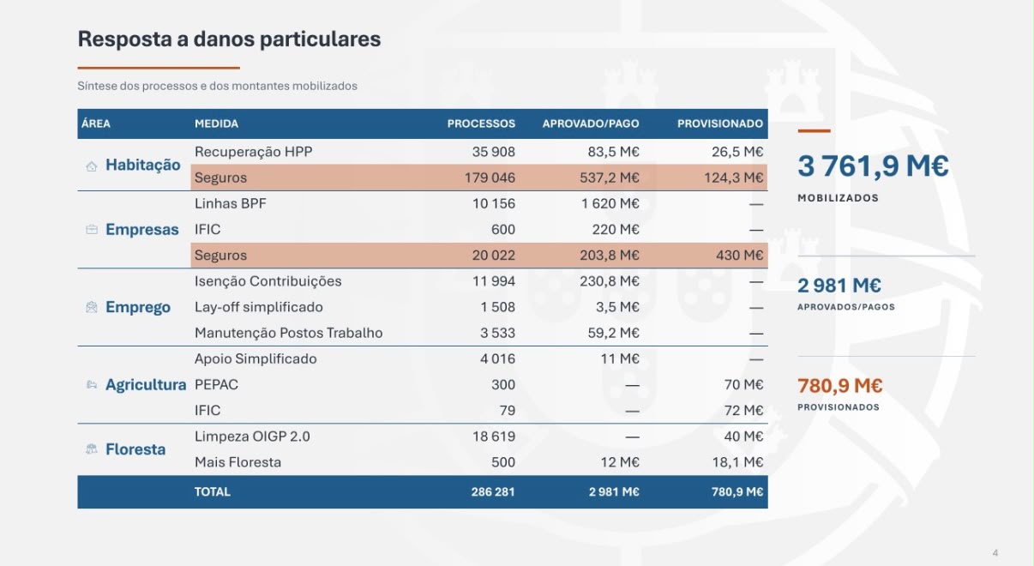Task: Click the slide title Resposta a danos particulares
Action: coord(229,39)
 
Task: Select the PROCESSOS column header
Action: coord(481,123)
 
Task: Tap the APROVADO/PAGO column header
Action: coord(591,123)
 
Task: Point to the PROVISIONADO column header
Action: coord(719,123)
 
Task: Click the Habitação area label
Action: coord(142,165)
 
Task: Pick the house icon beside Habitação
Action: coord(92,166)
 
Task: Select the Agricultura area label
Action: coord(146,384)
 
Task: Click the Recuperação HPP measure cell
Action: coord(254,152)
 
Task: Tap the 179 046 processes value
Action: coord(490,178)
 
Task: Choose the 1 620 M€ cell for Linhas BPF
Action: coord(610,203)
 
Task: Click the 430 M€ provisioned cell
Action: coord(739,256)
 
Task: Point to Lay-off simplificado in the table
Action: coord(259,307)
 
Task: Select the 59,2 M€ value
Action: coord(613,333)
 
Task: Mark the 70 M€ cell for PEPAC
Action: coord(743,384)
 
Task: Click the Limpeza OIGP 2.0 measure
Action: coord(252,437)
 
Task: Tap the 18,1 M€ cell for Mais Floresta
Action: coord(737,462)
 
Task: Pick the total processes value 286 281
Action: coord(492,492)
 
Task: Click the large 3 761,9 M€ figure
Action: coord(873,166)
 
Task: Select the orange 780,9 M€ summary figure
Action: coord(839,386)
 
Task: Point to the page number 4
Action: coord(995,552)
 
